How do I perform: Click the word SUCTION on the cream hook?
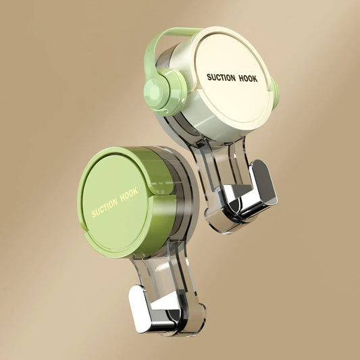[222, 77]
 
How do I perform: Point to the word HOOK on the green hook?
[128, 194]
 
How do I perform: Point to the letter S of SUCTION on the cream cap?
[209, 78]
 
